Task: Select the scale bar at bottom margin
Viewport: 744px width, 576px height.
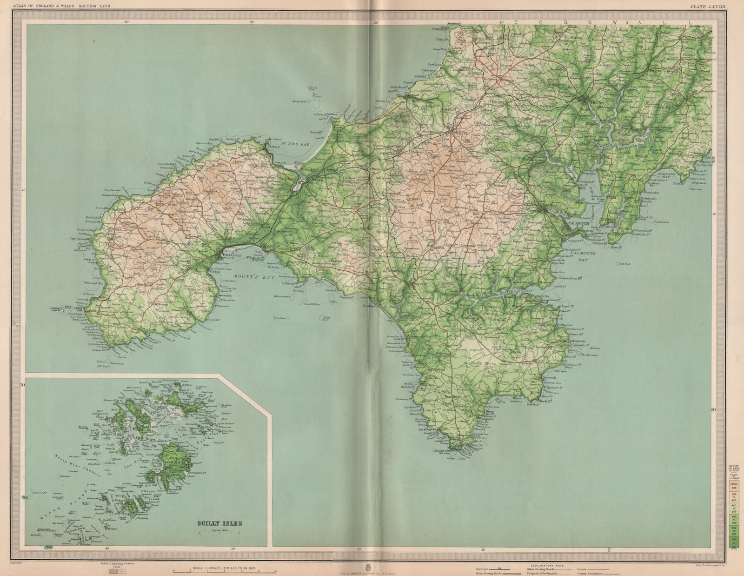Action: click(x=225, y=569)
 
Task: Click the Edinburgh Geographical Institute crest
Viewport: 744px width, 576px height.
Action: click(x=372, y=568)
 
